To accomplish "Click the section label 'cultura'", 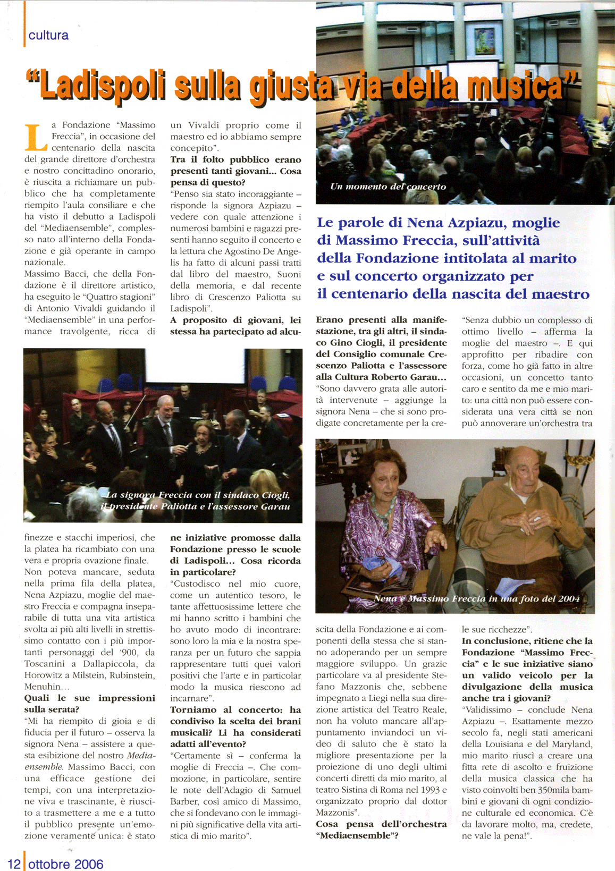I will [x=48, y=36].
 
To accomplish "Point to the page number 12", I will [x=14, y=864].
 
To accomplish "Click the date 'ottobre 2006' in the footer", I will [x=66, y=864].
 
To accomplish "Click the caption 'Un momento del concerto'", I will [x=388, y=187].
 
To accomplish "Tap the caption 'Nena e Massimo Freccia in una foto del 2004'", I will [x=476, y=598].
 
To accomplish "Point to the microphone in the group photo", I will [x=187, y=444].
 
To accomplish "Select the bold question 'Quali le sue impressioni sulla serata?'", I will [x=90, y=704].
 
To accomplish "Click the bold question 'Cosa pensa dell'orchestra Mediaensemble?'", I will [x=381, y=830].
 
